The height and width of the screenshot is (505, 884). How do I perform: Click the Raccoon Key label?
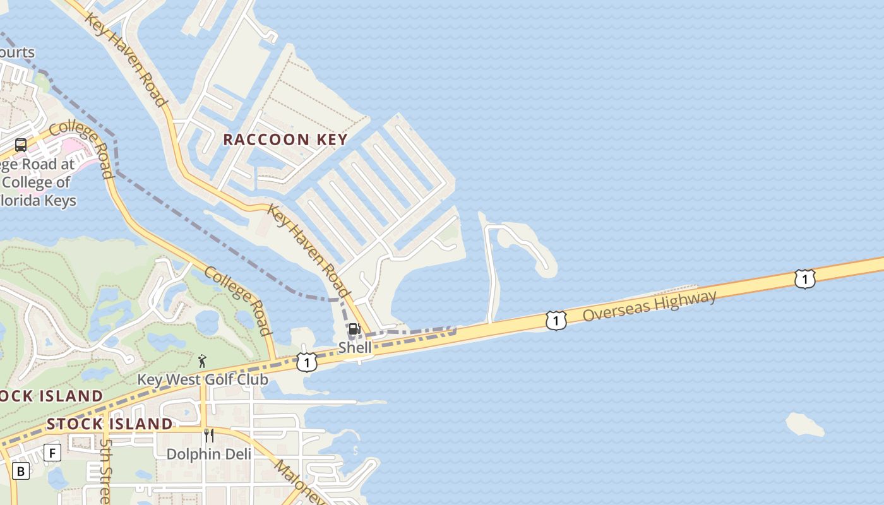tap(285, 140)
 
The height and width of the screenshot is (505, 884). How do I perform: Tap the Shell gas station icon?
tap(354, 329)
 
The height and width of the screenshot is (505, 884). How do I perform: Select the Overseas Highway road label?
tap(649, 305)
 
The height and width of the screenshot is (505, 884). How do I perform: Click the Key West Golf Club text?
tap(203, 379)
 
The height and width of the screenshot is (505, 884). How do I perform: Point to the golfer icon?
tap(202, 361)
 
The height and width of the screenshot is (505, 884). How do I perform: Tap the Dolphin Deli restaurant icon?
tap(209, 435)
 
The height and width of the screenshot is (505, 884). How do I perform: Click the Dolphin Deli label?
tap(208, 454)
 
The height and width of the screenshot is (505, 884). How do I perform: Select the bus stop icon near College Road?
tap(21, 145)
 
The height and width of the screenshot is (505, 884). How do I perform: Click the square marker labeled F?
tap(52, 453)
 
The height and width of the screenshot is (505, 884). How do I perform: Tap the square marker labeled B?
tap(21, 471)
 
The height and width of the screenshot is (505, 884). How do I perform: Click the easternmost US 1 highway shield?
tap(804, 278)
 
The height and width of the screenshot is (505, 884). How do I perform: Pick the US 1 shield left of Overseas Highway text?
tap(556, 321)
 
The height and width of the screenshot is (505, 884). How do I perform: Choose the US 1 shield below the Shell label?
tap(306, 362)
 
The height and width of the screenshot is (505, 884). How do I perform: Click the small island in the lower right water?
tap(805, 425)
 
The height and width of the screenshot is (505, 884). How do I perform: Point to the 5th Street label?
tap(105, 470)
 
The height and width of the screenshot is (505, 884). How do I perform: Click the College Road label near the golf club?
tap(239, 300)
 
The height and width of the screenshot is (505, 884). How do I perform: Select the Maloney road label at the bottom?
tap(300, 483)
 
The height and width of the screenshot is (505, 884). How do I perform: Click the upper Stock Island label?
tap(51, 396)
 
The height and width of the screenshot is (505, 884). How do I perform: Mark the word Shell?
tap(355, 347)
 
